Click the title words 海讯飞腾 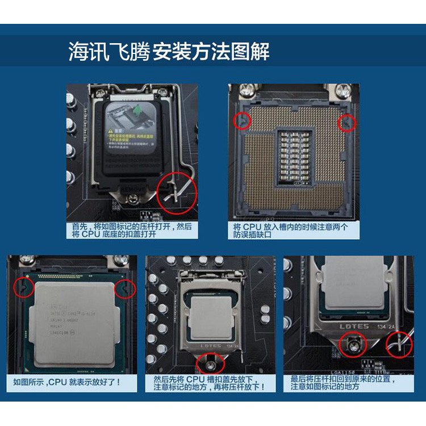[x=108, y=52]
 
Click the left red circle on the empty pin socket [x=243, y=120]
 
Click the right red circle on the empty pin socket [x=346, y=122]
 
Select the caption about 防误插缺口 [x=290, y=230]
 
